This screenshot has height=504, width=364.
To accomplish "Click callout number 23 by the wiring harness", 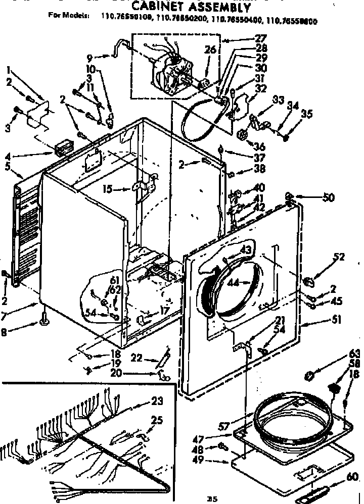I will click(157, 402).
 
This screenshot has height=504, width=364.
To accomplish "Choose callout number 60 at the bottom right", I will click(352, 476).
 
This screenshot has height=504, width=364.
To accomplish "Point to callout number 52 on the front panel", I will click(338, 258).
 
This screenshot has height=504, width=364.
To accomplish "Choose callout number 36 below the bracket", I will click(259, 146).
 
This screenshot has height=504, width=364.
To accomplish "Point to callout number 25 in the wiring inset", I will click(157, 420).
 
